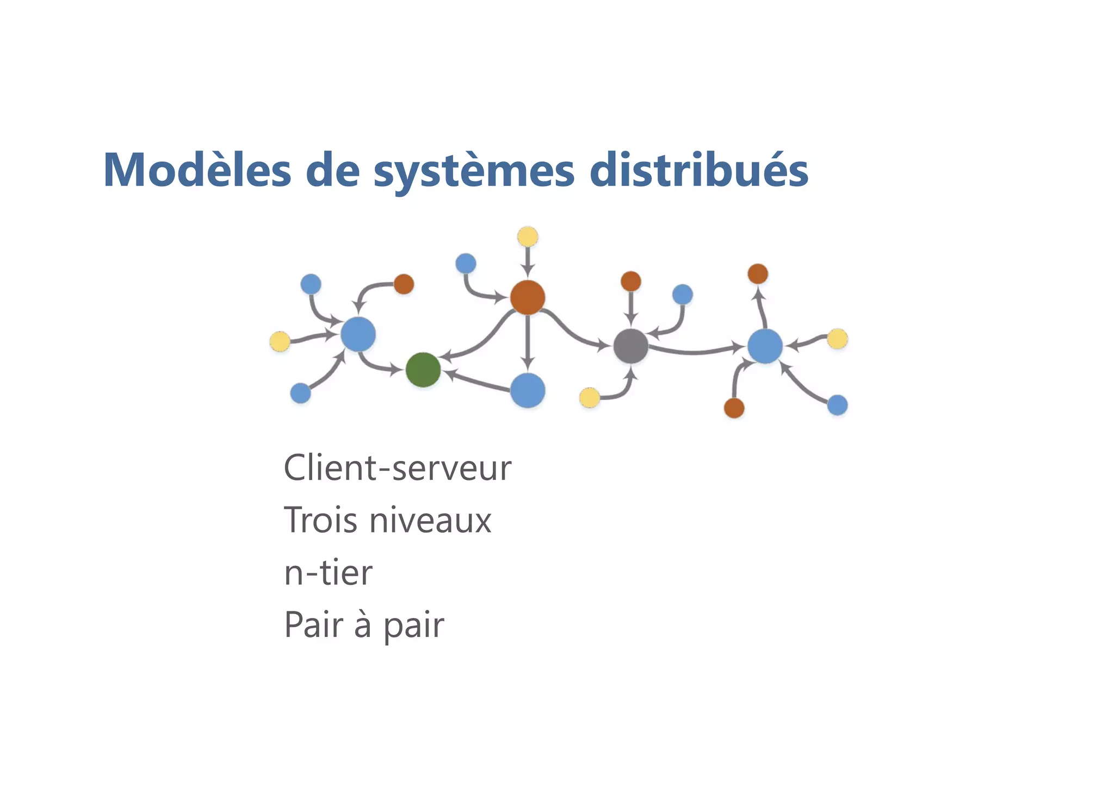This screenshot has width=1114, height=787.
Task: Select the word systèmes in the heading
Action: click(474, 172)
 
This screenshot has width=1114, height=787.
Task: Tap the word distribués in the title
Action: click(698, 171)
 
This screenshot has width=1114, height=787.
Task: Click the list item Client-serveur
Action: click(397, 468)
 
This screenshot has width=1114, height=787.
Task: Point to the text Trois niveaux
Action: click(387, 520)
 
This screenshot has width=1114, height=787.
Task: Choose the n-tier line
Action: click(328, 572)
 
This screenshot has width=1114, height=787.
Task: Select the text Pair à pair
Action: click(364, 624)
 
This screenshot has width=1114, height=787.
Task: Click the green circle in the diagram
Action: click(423, 370)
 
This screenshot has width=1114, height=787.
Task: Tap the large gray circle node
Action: click(631, 346)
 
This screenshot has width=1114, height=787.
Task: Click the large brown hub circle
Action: click(528, 297)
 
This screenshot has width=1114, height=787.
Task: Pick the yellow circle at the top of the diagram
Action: click(528, 237)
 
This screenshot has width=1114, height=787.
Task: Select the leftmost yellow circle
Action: click(280, 341)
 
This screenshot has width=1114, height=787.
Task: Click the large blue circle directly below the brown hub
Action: click(528, 390)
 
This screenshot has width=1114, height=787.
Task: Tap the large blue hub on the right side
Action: click(765, 346)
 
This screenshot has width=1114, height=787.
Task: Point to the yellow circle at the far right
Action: click(837, 339)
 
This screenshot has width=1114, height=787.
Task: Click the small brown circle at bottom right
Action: click(734, 408)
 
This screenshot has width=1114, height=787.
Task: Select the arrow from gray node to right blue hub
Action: click(696, 352)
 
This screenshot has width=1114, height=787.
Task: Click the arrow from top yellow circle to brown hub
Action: click(528, 261)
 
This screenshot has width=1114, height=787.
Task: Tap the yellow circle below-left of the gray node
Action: click(590, 398)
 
